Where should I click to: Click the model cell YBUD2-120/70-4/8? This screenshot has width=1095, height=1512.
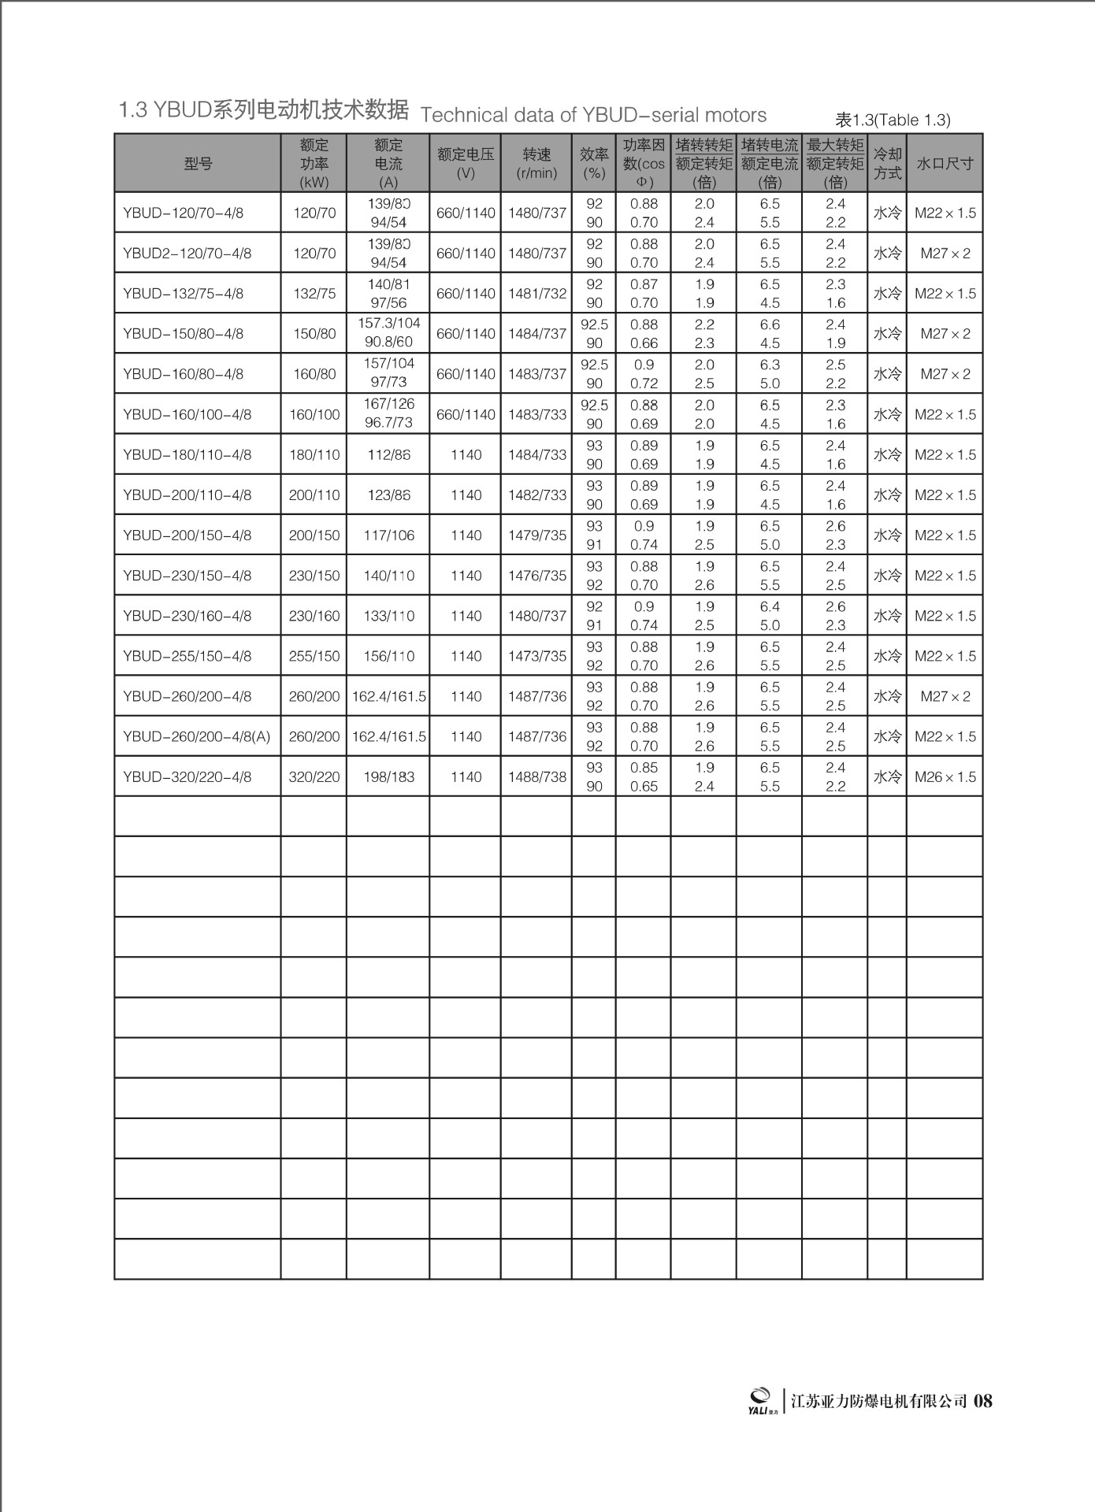tap(187, 254)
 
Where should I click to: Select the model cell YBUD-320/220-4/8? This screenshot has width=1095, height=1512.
tap(187, 777)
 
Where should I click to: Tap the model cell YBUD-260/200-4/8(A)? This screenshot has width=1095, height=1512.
tap(197, 737)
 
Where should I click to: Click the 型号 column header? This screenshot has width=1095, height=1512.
tap(198, 164)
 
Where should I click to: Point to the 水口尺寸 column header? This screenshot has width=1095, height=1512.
tap(945, 164)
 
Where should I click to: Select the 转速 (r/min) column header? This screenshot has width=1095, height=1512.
tap(536, 164)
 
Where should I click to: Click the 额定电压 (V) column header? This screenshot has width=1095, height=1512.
tap(466, 164)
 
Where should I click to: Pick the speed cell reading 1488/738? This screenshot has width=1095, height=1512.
tap(536, 777)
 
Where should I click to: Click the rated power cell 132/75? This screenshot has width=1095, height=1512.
tap(314, 294)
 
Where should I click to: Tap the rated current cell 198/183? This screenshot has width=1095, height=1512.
tap(388, 777)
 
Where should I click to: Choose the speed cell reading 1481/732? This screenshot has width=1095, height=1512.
tap(536, 294)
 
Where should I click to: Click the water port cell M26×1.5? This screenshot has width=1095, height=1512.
tap(945, 777)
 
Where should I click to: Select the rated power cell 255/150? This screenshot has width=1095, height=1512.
tap(314, 656)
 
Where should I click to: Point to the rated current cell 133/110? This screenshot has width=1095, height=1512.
tap(388, 616)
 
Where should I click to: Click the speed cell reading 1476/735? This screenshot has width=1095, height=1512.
tap(536, 576)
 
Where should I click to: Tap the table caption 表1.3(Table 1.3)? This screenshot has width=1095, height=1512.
tap(893, 120)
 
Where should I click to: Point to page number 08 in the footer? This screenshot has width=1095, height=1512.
tap(983, 1401)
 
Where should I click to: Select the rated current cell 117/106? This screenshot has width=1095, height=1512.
tap(388, 535)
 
